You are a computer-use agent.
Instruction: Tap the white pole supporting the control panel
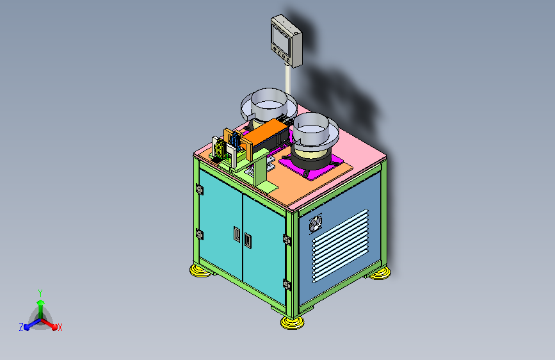pyautogui.click(x=288, y=79)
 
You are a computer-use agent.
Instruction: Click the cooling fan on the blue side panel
pyautogui.click(x=315, y=224)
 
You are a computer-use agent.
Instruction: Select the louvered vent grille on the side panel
pyautogui.click(x=341, y=245)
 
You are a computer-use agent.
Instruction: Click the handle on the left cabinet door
pyautogui.click(x=236, y=234)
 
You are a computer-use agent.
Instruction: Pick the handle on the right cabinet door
pyautogui.click(x=248, y=241)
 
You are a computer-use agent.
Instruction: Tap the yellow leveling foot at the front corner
pyautogui.click(x=292, y=322)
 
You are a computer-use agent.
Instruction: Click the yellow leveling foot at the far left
pyautogui.click(x=200, y=271)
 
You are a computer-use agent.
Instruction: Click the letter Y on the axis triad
pyautogui.click(x=40, y=293)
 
